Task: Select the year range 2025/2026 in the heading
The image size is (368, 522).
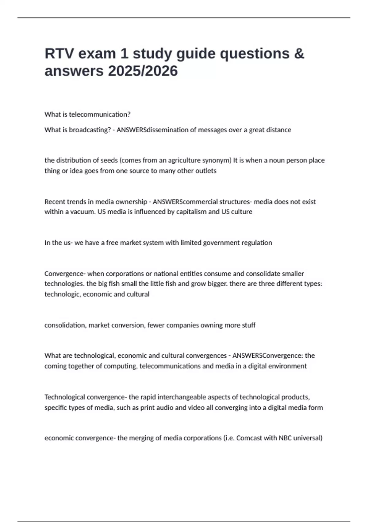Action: point(143,71)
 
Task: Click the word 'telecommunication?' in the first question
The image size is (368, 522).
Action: point(100,115)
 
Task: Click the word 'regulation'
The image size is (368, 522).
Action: point(257,243)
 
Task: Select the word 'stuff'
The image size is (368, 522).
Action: point(249,325)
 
